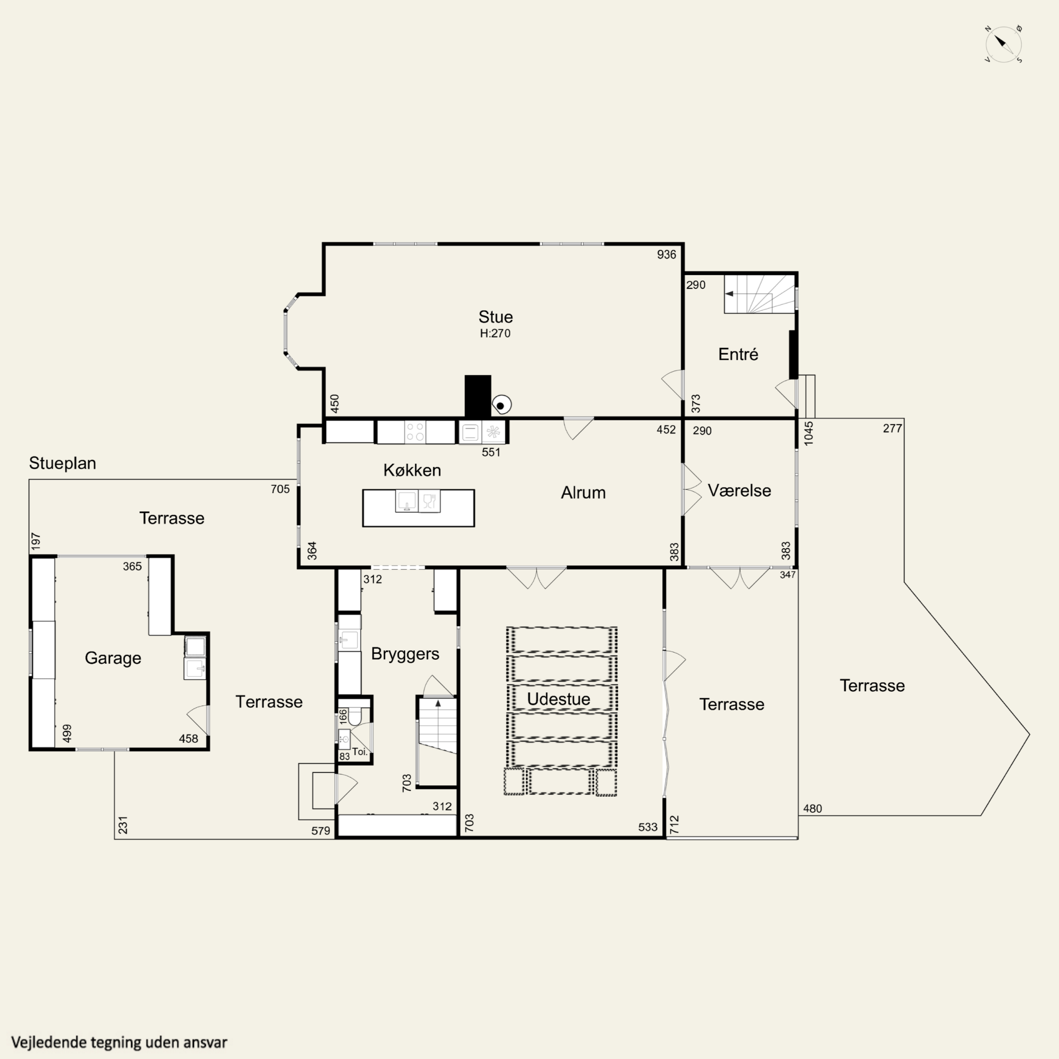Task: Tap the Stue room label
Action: click(495, 317)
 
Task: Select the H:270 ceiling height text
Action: click(495, 333)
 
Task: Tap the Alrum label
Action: click(583, 492)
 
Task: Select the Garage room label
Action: click(113, 658)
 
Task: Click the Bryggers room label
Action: click(405, 653)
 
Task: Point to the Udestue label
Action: click(558, 699)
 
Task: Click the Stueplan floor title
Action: click(62, 463)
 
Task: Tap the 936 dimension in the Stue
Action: click(666, 254)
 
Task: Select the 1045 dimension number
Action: click(809, 433)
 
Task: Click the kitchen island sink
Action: click(406, 501)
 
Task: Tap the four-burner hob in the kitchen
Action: click(415, 431)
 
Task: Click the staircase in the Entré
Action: click(759, 294)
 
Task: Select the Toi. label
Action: click(360, 752)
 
